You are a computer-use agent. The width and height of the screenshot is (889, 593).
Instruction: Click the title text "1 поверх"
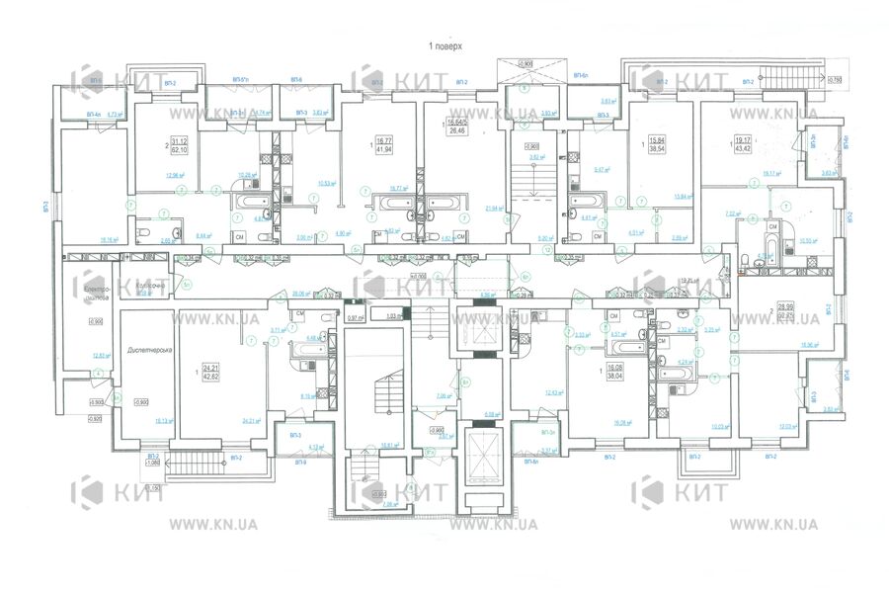point(444,46)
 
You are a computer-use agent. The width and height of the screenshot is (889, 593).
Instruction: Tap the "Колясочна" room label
point(150,284)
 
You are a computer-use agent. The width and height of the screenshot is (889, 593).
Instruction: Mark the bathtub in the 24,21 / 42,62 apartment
point(300,350)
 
